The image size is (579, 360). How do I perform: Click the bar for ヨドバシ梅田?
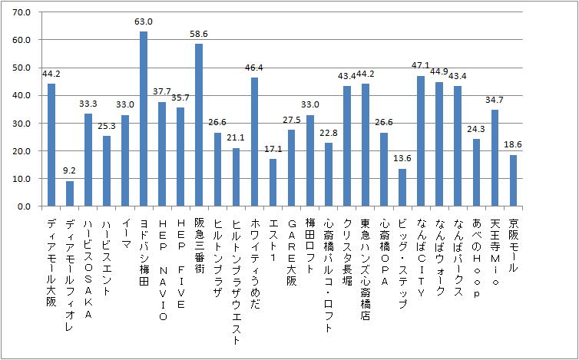coord(144,119)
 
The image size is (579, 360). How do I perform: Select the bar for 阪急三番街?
coord(199,125)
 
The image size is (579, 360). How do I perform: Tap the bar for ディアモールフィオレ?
coord(70,193)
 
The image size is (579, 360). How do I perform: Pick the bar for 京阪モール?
coord(513,180)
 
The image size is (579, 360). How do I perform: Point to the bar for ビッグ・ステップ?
coord(402,187)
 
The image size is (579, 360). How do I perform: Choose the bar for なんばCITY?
coord(421,141)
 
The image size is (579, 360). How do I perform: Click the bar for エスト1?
coord(273,183)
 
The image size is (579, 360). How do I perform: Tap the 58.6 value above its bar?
coord(199,35)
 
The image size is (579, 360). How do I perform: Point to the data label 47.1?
coord(421,67)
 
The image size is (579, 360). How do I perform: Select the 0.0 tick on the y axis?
coord(23,206)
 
